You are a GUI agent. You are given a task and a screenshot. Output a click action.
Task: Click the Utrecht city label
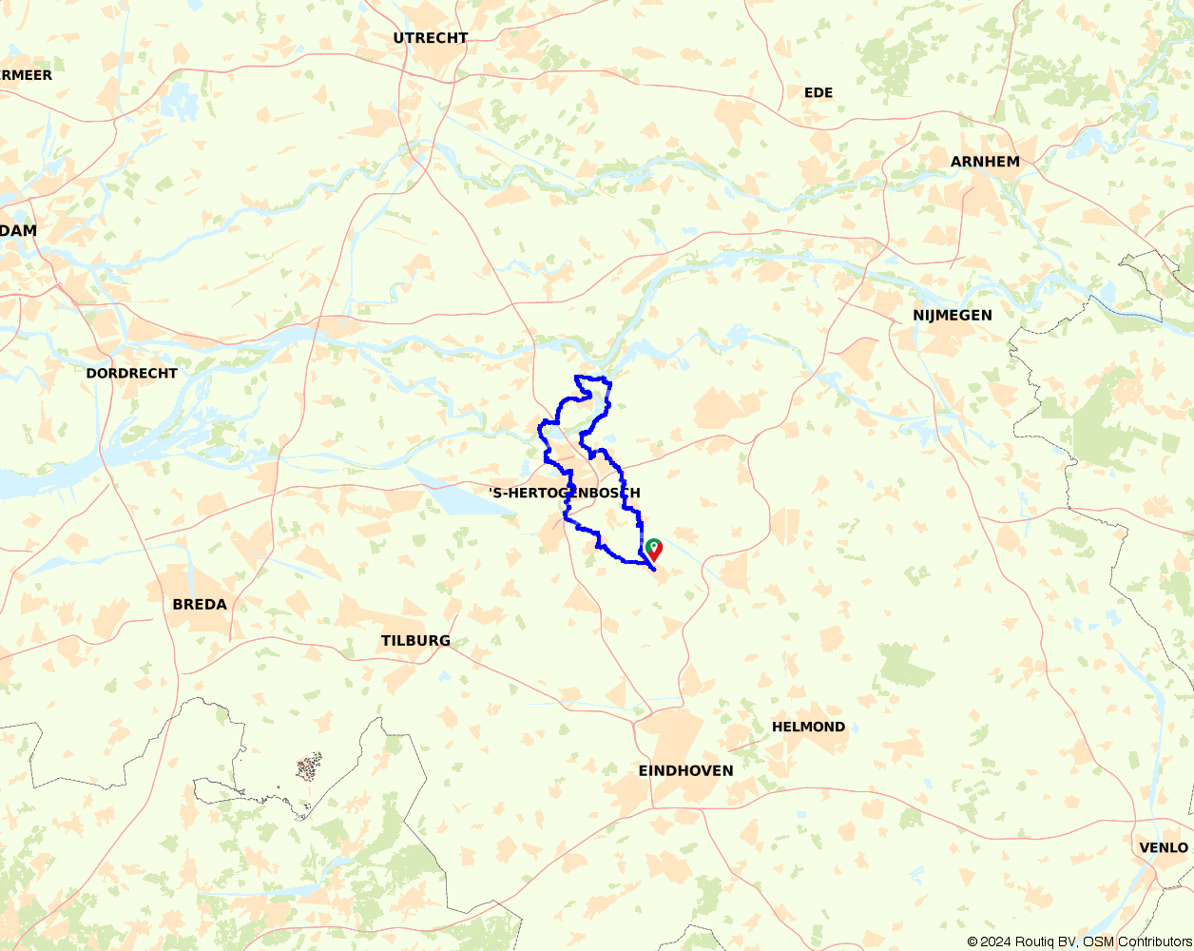tap(431, 38)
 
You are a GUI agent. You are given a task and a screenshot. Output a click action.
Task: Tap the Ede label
tap(818, 92)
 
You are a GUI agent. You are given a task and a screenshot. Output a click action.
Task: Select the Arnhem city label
tap(985, 162)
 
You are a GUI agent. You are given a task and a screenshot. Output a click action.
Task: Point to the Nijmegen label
tap(952, 315)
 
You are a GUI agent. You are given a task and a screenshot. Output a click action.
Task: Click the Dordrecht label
tap(131, 373)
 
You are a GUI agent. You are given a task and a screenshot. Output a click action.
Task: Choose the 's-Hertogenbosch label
tap(564, 493)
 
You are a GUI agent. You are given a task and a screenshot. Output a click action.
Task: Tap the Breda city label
tap(200, 604)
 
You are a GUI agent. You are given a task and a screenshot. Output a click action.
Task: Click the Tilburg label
tap(415, 640)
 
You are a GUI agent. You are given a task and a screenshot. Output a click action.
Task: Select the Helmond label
tap(808, 727)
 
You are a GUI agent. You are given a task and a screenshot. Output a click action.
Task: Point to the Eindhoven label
tap(685, 770)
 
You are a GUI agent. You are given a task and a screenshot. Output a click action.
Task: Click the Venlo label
tap(1164, 847)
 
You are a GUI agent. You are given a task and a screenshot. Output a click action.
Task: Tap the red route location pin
tap(655, 549)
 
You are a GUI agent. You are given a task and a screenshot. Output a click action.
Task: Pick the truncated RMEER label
tap(26, 74)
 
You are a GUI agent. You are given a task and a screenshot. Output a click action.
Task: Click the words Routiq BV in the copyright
tap(1045, 941)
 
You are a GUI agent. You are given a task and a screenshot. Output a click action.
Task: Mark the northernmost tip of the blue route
tap(576, 377)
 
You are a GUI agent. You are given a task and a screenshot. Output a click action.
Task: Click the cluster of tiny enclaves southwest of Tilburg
tap(307, 766)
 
